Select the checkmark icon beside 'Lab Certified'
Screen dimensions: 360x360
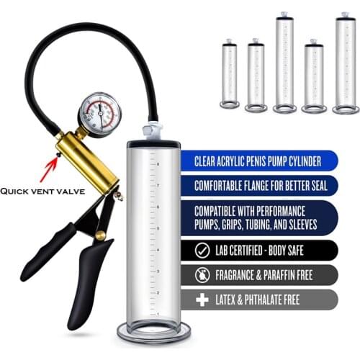[204, 250]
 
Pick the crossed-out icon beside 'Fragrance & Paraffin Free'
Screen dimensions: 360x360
[204, 274]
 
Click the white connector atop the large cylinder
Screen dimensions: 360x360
[152, 131]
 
